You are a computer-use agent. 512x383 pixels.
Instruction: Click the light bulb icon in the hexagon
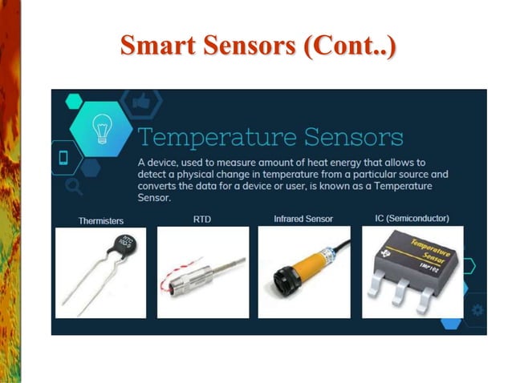(100, 127)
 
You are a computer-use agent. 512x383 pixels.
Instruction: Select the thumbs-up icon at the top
(141, 100)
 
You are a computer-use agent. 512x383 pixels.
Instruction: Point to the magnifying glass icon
(74, 187)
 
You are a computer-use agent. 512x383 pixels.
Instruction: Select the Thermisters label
(100, 220)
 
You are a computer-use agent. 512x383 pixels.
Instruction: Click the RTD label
(201, 218)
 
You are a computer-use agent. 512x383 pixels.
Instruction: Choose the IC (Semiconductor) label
(412, 218)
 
